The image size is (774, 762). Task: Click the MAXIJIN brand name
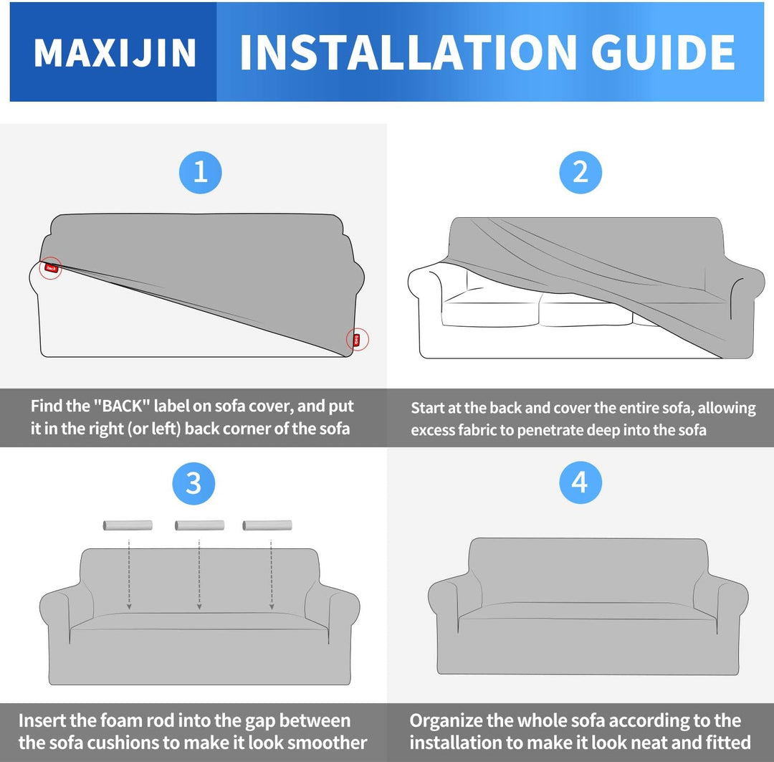[x=115, y=53]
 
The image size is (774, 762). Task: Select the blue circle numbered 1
[x=200, y=172]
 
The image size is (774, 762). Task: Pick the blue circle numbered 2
[x=580, y=172]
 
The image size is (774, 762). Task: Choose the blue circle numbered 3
[x=193, y=483]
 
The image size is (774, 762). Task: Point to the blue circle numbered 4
[x=580, y=483]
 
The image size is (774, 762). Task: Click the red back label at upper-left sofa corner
[x=50, y=268]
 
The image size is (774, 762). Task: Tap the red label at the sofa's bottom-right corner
[x=356, y=339]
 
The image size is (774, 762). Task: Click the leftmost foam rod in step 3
[x=128, y=525]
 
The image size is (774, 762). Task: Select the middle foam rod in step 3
[x=199, y=525]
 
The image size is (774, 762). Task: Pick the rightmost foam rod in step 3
[x=267, y=525]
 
